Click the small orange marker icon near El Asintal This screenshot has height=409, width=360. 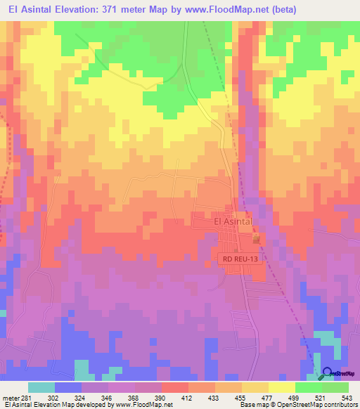256,240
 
